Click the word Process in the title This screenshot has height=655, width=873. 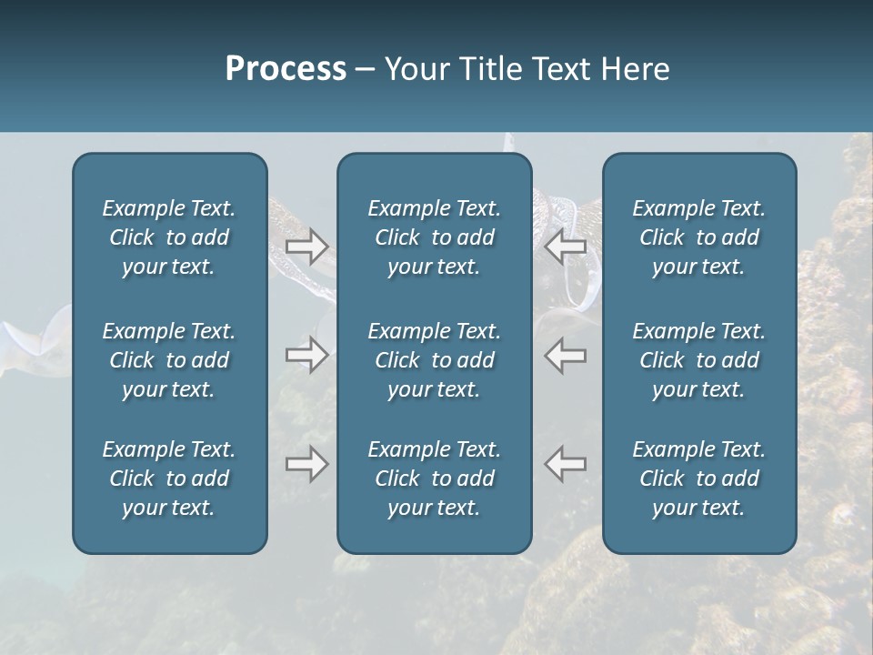(x=286, y=69)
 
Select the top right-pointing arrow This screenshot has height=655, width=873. (x=307, y=246)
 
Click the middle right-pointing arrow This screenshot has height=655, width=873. (x=307, y=355)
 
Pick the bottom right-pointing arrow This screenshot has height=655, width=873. (x=307, y=464)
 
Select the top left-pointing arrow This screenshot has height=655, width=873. (x=565, y=246)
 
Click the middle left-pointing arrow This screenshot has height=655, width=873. (x=565, y=355)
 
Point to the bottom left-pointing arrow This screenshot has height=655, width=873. (x=565, y=464)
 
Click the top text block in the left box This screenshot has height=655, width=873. (x=169, y=237)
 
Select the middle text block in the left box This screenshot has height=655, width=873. (x=169, y=360)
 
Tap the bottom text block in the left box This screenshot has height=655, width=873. (x=169, y=479)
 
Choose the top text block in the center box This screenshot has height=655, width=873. (x=435, y=237)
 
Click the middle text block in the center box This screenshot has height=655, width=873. (x=435, y=360)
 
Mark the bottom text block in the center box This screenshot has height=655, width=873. (x=435, y=479)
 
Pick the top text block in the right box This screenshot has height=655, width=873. (x=699, y=237)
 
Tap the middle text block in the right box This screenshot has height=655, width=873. (x=699, y=360)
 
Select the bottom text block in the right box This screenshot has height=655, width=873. (x=699, y=479)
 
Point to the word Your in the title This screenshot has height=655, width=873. (x=413, y=69)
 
